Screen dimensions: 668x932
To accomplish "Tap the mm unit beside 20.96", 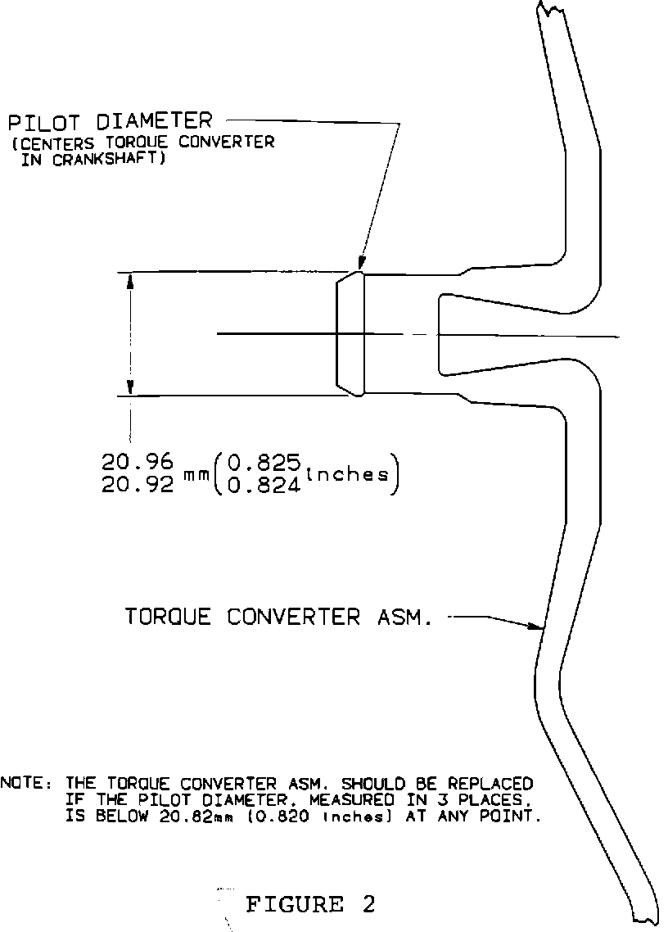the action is point(196,477).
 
